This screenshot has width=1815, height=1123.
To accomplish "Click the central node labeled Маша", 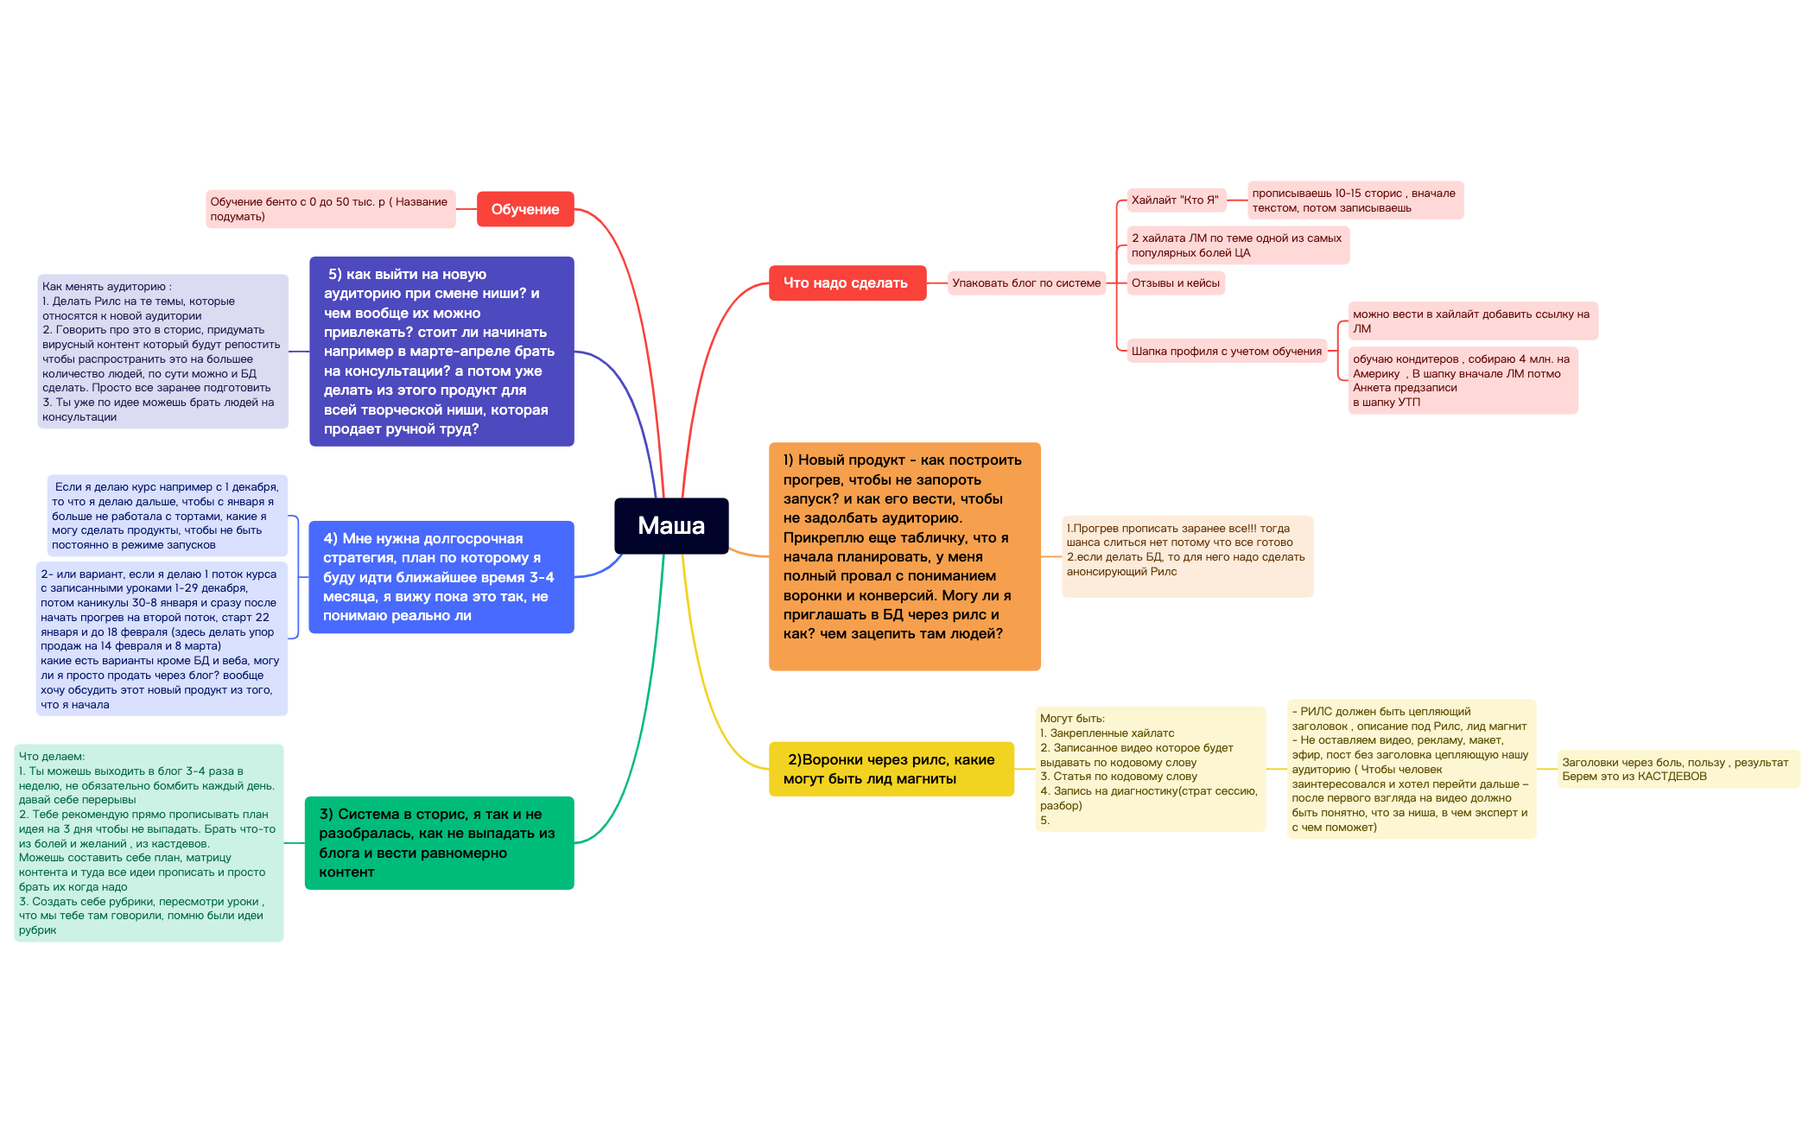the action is [671, 525].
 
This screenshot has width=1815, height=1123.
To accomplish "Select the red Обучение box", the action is [525, 209].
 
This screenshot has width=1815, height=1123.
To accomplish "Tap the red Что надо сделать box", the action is [847, 282].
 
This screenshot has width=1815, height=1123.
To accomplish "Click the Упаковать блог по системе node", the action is [1026, 282].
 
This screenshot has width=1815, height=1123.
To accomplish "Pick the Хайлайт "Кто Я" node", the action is [1176, 200].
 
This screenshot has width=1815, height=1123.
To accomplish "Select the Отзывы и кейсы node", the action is [1176, 282].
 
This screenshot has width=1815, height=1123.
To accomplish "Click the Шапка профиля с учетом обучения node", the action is [1227, 351].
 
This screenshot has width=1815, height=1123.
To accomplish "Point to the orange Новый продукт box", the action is [904, 556].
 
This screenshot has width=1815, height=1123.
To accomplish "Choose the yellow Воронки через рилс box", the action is [891, 769].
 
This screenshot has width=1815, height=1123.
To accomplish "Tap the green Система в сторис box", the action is [439, 842].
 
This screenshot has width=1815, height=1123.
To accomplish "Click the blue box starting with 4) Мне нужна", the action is [441, 577].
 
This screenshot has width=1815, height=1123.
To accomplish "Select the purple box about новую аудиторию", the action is [441, 352].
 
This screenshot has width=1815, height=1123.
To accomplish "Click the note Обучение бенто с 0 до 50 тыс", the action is [330, 209].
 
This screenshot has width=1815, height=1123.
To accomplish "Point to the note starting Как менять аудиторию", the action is [162, 352].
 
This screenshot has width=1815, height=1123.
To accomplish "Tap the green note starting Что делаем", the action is [149, 843].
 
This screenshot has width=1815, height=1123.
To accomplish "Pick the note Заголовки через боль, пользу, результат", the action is [1679, 769].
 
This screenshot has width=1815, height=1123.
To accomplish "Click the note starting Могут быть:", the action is [1151, 769].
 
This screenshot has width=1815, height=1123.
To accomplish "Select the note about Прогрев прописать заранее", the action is [1187, 556].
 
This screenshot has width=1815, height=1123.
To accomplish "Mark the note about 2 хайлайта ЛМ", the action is [1238, 245].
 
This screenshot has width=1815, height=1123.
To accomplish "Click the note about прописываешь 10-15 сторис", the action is [1355, 200].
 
